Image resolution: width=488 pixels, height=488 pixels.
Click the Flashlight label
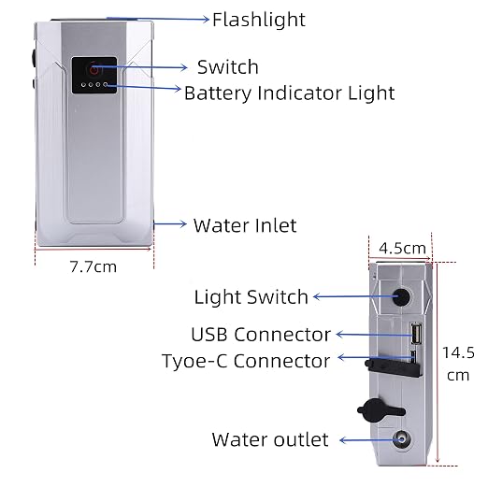tap(259, 20)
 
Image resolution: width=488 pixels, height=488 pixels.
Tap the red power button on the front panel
tap(94, 69)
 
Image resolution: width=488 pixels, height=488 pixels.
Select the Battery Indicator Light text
tap(290, 93)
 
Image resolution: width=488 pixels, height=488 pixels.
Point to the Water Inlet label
tap(245, 225)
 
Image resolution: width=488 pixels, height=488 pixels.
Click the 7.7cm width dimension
tap(93, 266)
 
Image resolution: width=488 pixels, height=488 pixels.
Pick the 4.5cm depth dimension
tap(402, 249)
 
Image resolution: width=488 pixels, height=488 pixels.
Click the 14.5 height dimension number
tap(458, 352)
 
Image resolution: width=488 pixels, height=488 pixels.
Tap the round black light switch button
tap(401, 296)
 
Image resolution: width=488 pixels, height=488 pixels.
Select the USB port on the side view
tap(416, 334)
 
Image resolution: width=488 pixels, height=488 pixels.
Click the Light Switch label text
tap(251, 297)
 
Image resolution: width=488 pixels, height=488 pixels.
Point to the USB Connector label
tap(261, 335)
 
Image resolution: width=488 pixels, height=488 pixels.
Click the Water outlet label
tap(270, 439)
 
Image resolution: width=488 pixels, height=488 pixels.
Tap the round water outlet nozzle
tap(401, 439)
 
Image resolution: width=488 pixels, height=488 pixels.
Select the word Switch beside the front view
tap(228, 67)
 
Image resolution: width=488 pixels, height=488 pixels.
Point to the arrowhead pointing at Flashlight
tap(206, 20)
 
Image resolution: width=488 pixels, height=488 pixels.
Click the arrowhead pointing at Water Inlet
tap(183, 223)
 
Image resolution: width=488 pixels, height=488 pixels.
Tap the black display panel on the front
tap(94, 75)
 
